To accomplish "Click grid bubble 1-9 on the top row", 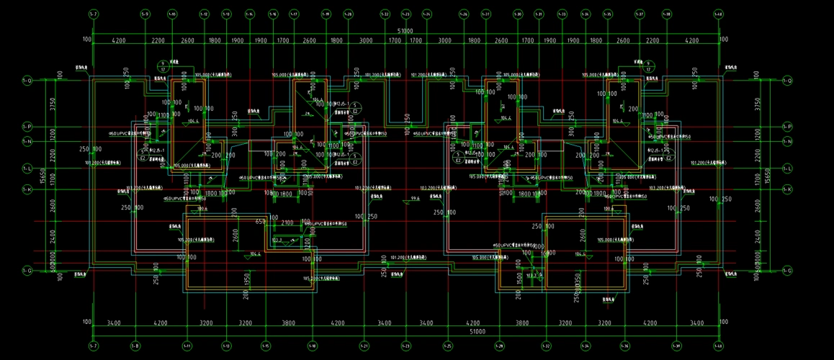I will [145, 14].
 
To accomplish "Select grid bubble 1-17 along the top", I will [294, 14].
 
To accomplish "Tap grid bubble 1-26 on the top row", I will [463, 14].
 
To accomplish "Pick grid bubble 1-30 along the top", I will [517, 14].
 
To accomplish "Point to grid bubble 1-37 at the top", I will [639, 14].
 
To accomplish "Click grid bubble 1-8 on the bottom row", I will [135, 346].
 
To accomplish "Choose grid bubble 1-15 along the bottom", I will [266, 346].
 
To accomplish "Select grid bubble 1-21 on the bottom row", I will [364, 346].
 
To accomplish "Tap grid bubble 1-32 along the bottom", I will [545, 346].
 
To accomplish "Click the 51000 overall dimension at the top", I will [405, 32].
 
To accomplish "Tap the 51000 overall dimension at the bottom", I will [405, 332].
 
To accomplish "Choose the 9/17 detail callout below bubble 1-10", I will [163, 66].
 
